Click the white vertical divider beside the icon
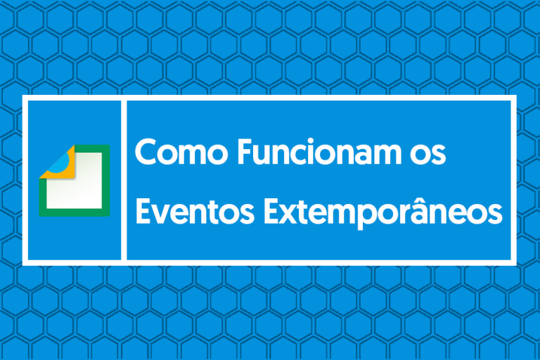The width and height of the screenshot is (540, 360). pos(124,180)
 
